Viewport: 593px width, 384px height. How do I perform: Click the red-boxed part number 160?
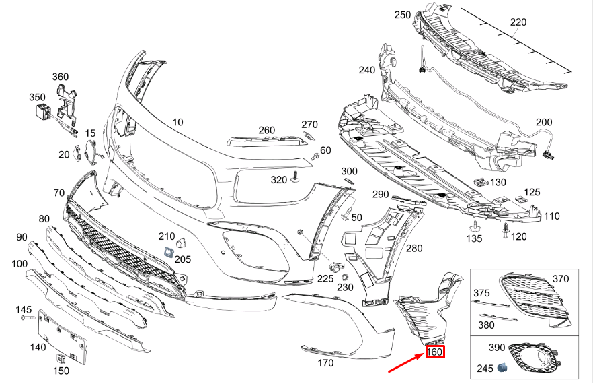click(435, 352)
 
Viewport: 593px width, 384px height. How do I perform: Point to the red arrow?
click(404, 364)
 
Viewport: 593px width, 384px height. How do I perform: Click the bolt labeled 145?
click(26, 317)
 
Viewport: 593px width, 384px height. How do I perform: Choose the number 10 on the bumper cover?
click(177, 123)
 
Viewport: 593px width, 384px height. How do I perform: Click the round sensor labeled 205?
click(181, 243)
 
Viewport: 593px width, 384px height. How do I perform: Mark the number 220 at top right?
click(518, 22)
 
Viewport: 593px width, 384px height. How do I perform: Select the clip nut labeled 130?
click(480, 181)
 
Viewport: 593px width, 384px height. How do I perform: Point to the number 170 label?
click(325, 364)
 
